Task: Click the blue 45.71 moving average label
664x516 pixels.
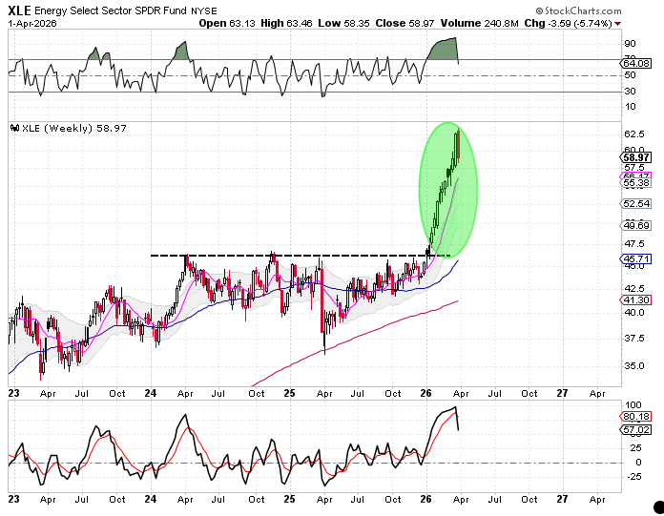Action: pyautogui.click(x=635, y=259)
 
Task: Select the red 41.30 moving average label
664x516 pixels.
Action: pyautogui.click(x=635, y=300)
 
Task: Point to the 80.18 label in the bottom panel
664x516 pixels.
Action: pyautogui.click(x=635, y=417)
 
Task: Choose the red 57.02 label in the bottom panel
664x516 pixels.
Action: pyautogui.click(x=635, y=429)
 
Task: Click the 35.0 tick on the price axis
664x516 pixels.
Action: pyautogui.click(x=633, y=365)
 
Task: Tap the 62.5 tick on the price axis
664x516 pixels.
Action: pyautogui.click(x=633, y=135)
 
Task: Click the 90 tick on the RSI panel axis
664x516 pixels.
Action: pyautogui.click(x=631, y=44)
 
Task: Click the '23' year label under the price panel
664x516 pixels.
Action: pyautogui.click(x=14, y=392)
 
